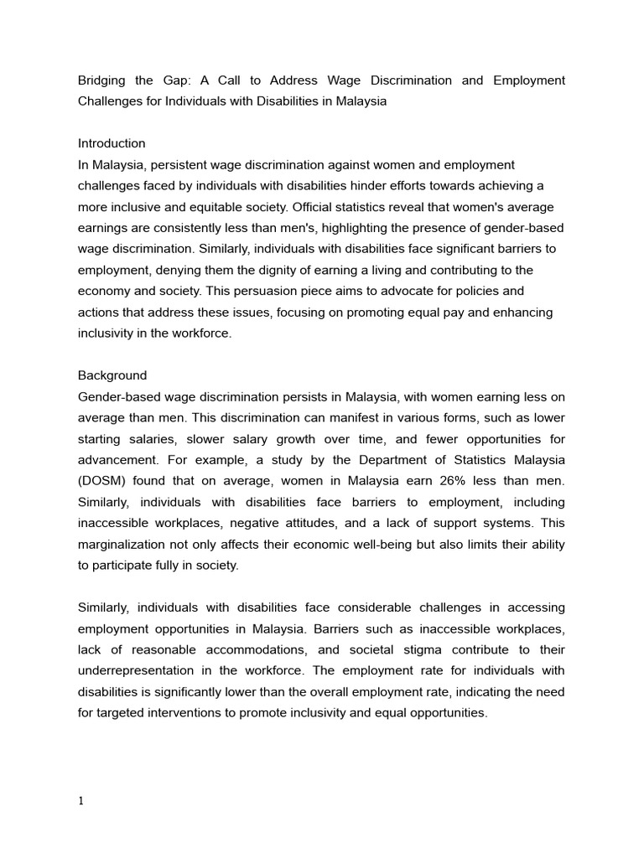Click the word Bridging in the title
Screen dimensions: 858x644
(x=104, y=80)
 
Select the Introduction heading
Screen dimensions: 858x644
(x=112, y=143)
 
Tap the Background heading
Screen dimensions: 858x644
(x=112, y=375)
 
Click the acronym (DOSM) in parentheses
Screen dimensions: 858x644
(x=101, y=481)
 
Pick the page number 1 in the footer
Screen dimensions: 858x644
(x=80, y=801)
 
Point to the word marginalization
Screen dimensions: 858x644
(x=122, y=545)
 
